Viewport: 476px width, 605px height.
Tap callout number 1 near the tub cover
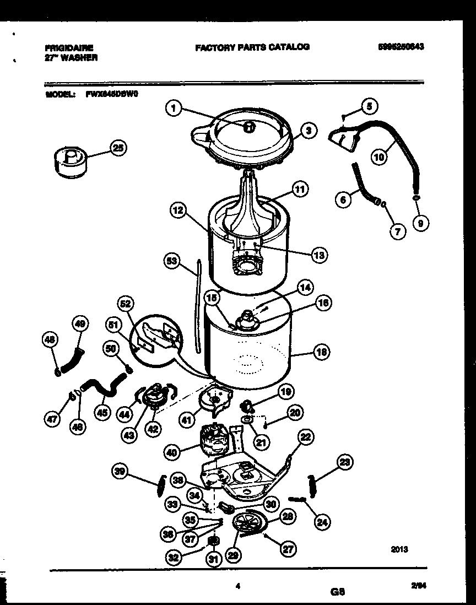174,109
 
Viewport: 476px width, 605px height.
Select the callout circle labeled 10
378,156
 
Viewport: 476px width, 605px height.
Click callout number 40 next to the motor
172,453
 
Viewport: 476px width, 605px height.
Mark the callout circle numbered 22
305,437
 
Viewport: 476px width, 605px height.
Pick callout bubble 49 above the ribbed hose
80,325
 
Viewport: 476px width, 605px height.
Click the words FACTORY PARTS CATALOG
252,47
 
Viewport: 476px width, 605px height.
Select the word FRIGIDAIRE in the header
69,48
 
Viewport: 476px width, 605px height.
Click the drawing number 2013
399,549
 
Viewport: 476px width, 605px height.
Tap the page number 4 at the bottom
238,587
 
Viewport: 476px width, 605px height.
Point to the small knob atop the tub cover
250,127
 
